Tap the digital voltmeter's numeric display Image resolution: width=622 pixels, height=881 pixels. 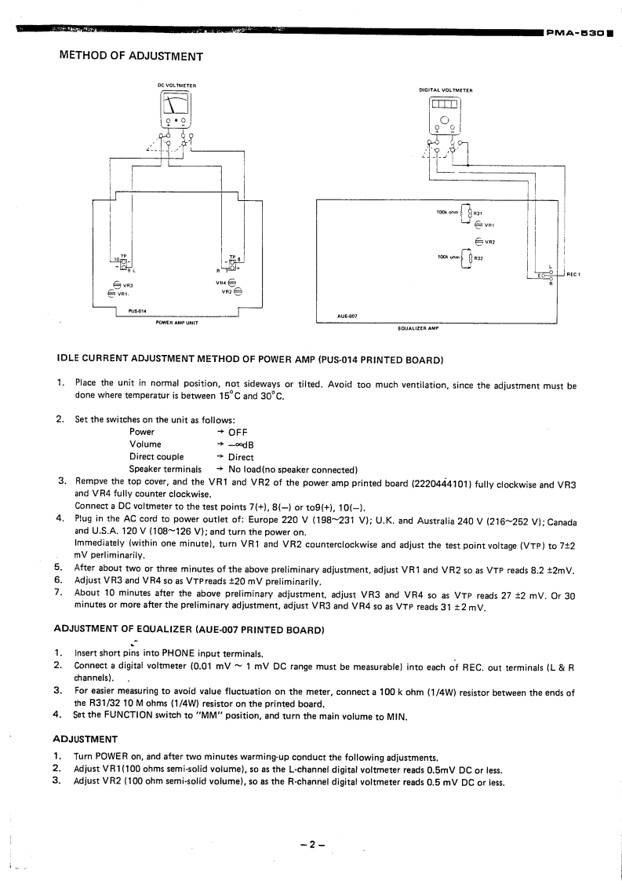tap(444, 104)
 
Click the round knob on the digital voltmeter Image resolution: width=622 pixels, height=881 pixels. tap(444, 120)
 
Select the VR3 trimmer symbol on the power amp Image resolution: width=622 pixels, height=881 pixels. tap(118, 284)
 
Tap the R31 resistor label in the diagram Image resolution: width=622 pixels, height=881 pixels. tap(478, 212)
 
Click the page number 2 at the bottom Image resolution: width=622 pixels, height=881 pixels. tap(311, 845)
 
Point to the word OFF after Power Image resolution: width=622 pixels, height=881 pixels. tap(238, 432)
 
